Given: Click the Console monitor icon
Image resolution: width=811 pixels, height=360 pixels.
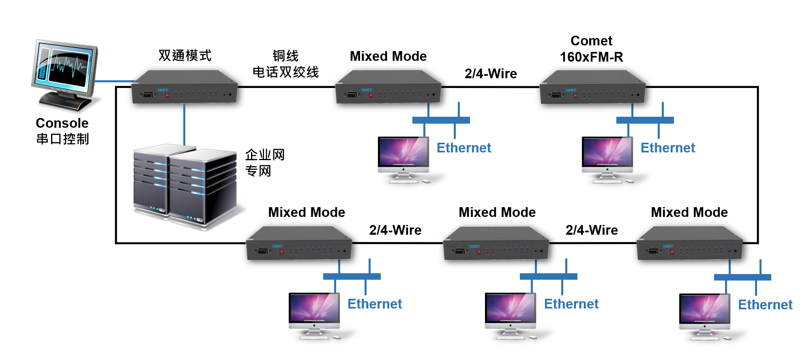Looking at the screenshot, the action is (65, 75).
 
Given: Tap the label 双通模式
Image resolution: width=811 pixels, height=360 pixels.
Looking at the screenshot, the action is (185, 56).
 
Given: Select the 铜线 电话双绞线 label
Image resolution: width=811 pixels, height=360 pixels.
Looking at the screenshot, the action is (285, 64).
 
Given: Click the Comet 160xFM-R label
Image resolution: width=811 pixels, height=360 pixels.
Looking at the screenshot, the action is (592, 49).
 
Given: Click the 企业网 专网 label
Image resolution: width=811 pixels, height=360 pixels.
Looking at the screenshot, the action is (265, 163).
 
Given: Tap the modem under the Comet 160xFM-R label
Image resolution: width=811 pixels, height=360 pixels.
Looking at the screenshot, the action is (592, 87).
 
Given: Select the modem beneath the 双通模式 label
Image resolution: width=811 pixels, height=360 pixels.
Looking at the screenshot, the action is (185, 87).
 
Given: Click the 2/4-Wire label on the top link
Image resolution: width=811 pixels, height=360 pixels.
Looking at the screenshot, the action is (491, 73).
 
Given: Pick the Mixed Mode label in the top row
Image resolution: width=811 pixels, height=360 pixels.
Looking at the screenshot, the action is (388, 56).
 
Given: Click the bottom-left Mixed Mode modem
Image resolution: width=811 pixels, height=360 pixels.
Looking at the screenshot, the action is (299, 243).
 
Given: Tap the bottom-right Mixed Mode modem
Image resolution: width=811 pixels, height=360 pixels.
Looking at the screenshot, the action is (689, 243).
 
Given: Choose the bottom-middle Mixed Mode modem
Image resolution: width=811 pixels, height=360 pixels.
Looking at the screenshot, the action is (496, 243).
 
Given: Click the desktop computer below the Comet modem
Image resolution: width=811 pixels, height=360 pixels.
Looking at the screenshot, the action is (607, 160).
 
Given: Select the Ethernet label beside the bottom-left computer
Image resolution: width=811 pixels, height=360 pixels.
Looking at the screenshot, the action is (375, 304).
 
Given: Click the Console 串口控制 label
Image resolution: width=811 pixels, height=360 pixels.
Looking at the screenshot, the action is (62, 131).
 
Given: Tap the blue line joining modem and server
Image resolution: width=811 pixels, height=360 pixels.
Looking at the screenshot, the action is (184, 124).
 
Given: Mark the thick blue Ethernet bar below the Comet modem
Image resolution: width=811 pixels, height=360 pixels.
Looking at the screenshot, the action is (645, 120).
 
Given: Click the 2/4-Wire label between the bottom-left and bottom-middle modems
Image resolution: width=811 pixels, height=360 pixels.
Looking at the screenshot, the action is (395, 230).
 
